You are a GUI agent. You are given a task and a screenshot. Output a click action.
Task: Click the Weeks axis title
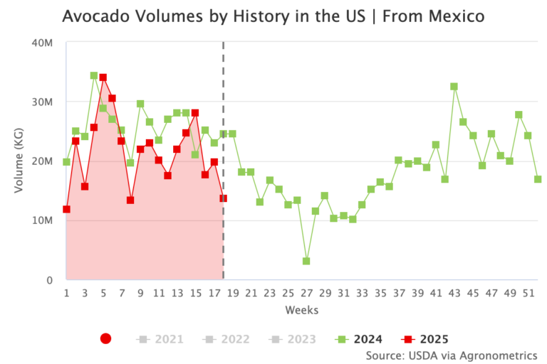pos(301,310)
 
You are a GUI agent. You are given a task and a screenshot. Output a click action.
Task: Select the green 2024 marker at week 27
pos(306,261)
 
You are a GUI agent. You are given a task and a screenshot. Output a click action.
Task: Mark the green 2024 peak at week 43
pos(454,87)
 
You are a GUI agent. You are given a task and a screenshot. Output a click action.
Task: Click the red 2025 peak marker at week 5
pos(103,77)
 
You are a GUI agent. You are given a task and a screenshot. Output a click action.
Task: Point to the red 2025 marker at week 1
pos(66,209)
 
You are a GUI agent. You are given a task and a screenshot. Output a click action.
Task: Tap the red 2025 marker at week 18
pos(223,198)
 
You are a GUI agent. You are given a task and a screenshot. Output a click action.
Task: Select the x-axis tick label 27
pos(306,293)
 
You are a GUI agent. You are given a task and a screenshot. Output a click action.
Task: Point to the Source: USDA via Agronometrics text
pos(451,355)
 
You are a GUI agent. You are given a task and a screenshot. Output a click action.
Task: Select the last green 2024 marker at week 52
pos(537,179)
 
